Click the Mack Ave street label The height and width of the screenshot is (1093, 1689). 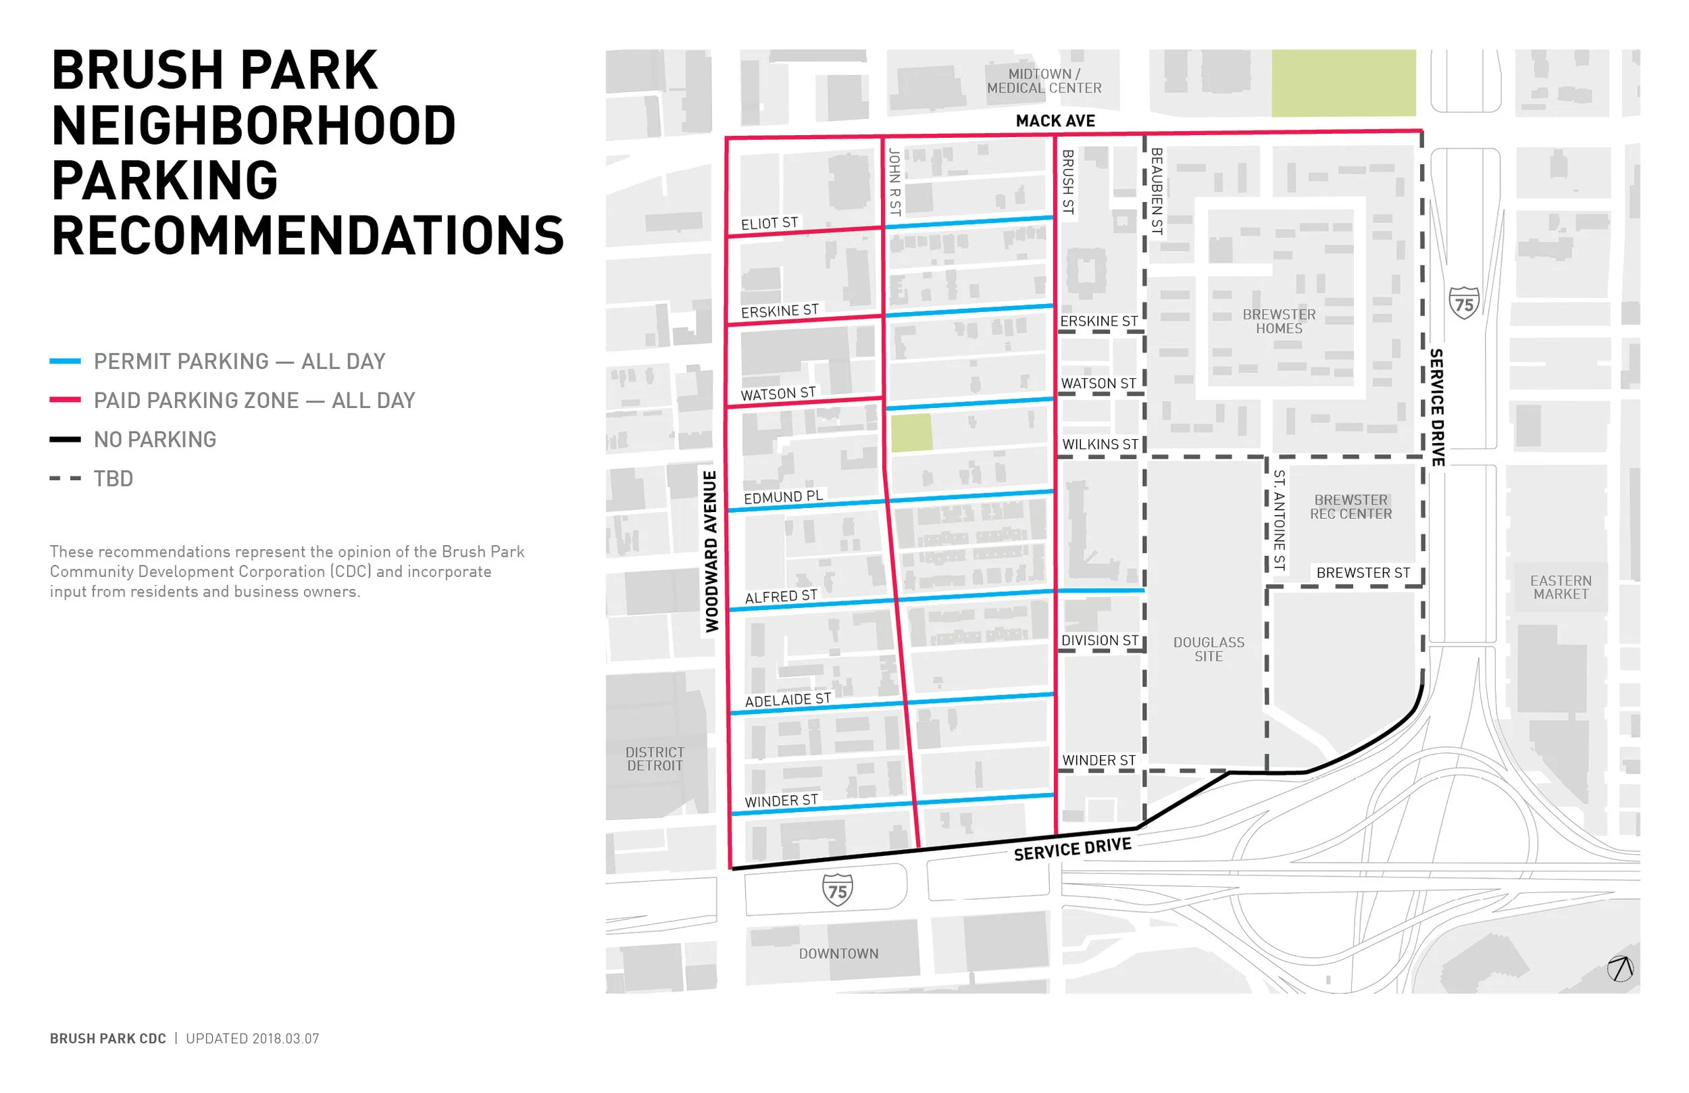1055,122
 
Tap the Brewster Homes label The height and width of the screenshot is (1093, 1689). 1279,322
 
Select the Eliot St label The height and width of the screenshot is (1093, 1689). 770,224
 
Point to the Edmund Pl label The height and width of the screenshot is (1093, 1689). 783,497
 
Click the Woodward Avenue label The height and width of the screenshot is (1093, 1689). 711,551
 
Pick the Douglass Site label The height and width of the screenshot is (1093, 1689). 1209,649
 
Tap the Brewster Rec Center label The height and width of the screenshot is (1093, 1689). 1351,507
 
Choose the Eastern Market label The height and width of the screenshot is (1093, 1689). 1561,588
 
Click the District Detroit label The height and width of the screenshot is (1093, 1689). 654,759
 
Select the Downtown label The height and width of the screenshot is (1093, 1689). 838,954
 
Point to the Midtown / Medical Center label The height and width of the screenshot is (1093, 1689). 1044,81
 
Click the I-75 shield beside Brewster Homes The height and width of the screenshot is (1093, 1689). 1464,304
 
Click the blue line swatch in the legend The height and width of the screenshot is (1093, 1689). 66,362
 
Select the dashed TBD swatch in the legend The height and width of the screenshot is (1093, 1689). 66,479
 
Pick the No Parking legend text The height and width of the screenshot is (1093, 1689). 155,440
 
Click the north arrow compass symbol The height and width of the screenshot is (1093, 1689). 1620,969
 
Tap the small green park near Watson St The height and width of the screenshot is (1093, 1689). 911,433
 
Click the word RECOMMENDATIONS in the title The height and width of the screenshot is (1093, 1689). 307,236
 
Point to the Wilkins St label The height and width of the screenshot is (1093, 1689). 1099,445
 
